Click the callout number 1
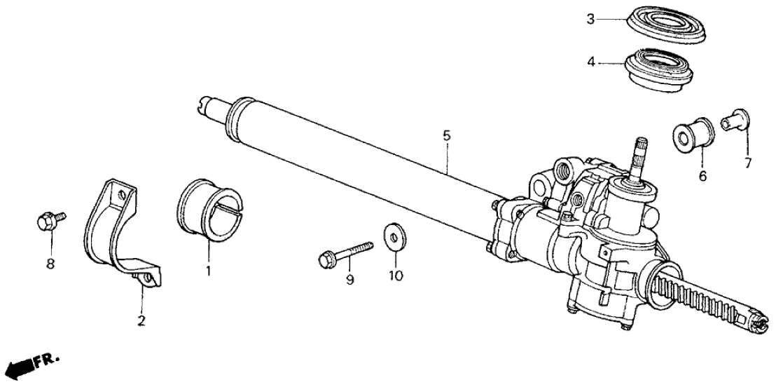(208, 271)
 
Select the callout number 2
(141, 321)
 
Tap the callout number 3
(590, 20)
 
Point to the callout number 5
(447, 135)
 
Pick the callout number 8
(50, 264)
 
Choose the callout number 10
(396, 275)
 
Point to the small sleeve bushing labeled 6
(693, 134)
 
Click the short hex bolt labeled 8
(50, 221)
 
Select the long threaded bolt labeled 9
(345, 252)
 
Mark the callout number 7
(747, 163)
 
